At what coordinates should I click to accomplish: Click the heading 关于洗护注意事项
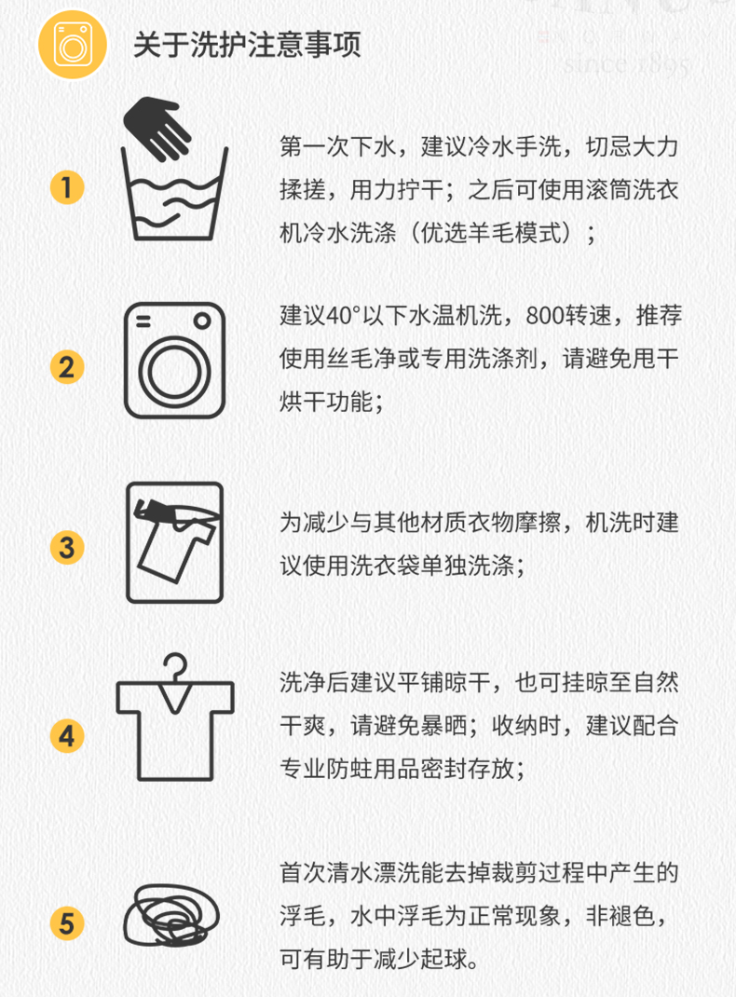click(247, 45)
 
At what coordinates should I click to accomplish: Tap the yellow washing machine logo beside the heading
click(73, 45)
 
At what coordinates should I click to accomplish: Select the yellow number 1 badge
click(67, 187)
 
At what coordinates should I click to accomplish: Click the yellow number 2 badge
click(67, 367)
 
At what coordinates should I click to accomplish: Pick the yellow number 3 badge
click(67, 548)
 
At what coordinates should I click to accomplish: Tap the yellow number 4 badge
click(67, 736)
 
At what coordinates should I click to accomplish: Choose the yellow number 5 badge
click(67, 923)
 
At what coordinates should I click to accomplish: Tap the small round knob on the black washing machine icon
click(202, 321)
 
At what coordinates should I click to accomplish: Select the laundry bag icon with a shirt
click(175, 542)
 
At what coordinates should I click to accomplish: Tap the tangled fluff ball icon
click(171, 914)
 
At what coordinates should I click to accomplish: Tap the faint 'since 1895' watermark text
click(626, 63)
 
